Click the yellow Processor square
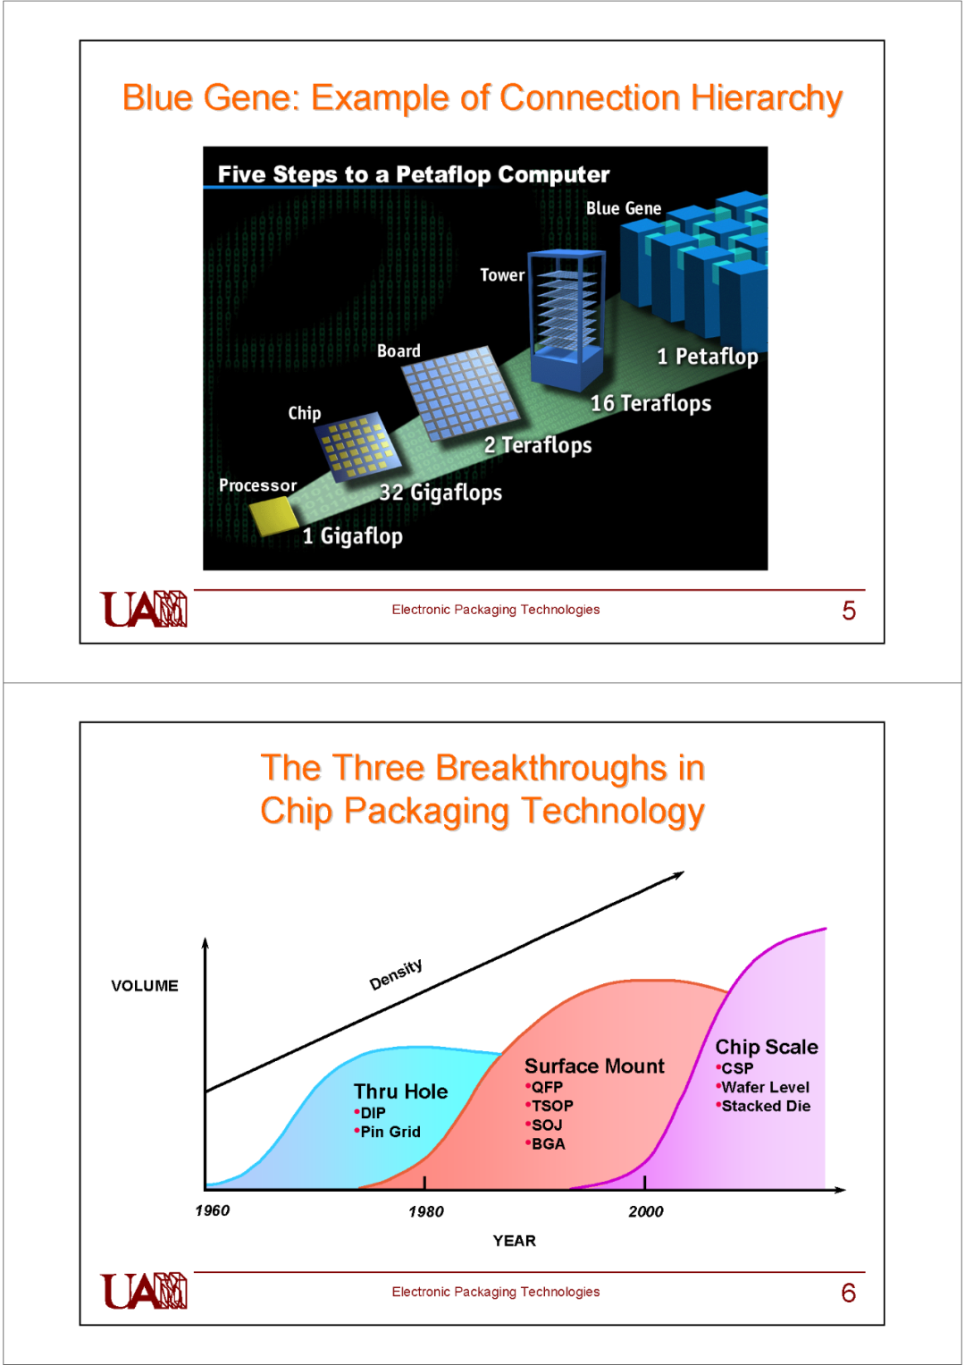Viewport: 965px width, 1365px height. click(x=273, y=516)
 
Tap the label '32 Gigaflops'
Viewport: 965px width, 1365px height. click(x=441, y=493)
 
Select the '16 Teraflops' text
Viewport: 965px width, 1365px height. click(x=650, y=403)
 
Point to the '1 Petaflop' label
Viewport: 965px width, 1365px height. click(x=708, y=357)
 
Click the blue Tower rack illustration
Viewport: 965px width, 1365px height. click(x=566, y=319)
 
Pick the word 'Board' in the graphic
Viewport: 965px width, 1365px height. click(x=399, y=351)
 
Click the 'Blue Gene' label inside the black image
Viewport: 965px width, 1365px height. click(x=624, y=208)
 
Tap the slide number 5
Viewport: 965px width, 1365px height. click(x=849, y=611)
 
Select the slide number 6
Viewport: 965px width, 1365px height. click(x=849, y=1293)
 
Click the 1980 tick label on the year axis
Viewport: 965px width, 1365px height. click(x=426, y=1211)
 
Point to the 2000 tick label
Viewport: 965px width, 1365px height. click(x=646, y=1211)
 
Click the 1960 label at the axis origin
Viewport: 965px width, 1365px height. click(x=212, y=1210)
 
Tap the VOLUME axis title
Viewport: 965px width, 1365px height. click(x=145, y=986)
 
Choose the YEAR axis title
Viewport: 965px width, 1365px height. click(x=514, y=1241)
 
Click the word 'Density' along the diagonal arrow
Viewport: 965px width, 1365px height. click(x=396, y=974)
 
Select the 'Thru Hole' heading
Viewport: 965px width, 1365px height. click(x=401, y=1091)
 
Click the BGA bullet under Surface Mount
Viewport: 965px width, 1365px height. click(x=546, y=1144)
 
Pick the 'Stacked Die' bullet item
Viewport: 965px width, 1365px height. click(x=763, y=1106)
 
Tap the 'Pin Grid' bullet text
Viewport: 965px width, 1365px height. click(x=388, y=1132)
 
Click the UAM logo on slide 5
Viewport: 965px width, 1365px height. click(x=144, y=609)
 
